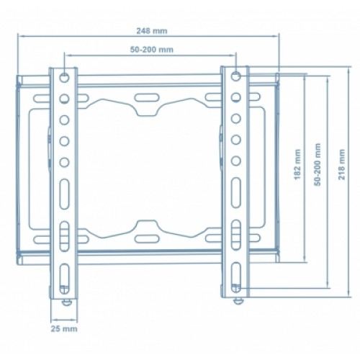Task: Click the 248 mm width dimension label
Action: [152, 31]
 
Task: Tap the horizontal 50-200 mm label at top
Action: [151, 50]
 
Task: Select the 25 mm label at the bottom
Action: [64, 328]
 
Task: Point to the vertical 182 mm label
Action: [297, 164]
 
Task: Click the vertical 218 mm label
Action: [341, 164]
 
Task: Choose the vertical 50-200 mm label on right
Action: [318, 164]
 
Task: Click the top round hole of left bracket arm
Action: [64, 78]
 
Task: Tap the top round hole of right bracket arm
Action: [236, 76]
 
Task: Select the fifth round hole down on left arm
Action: [64, 162]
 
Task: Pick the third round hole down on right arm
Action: [236, 119]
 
